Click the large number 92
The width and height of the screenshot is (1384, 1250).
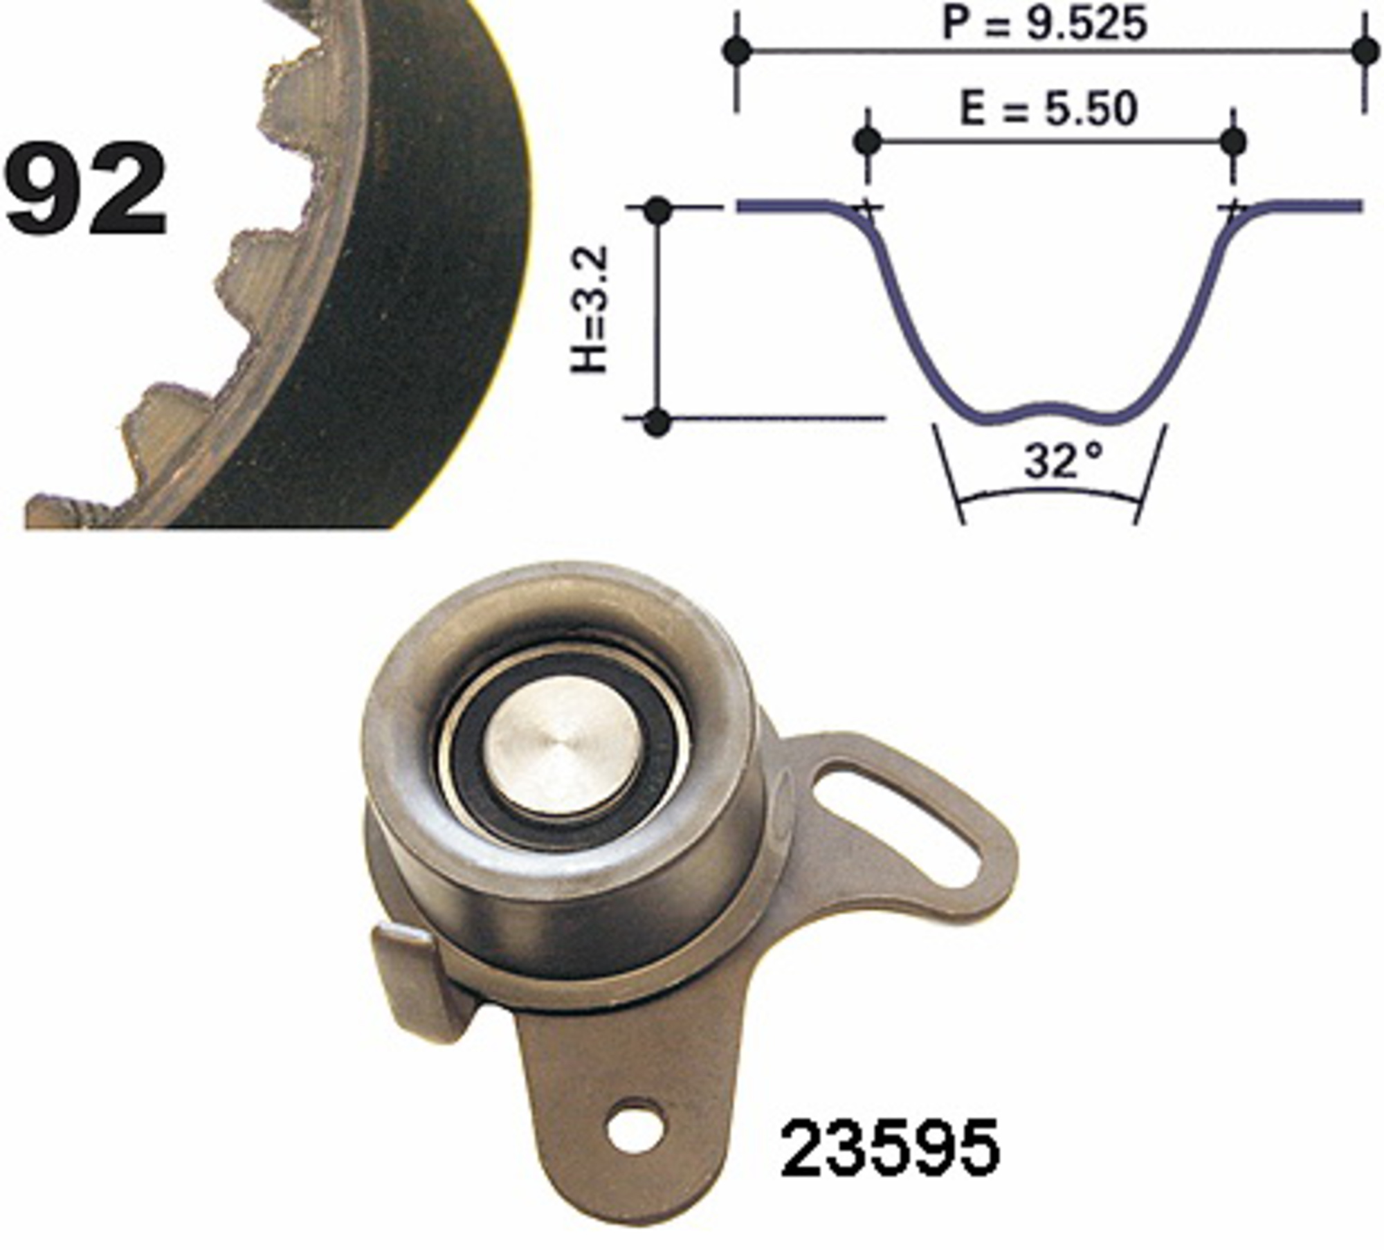point(86,188)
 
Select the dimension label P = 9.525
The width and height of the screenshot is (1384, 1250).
point(1046,24)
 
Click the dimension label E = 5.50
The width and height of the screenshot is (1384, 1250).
point(1048,109)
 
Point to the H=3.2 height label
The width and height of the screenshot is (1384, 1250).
point(589,309)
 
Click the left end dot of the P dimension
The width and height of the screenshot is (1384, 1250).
point(736,51)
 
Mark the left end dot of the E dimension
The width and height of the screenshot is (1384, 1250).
point(868,142)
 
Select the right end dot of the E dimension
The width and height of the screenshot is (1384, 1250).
point(1233,142)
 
